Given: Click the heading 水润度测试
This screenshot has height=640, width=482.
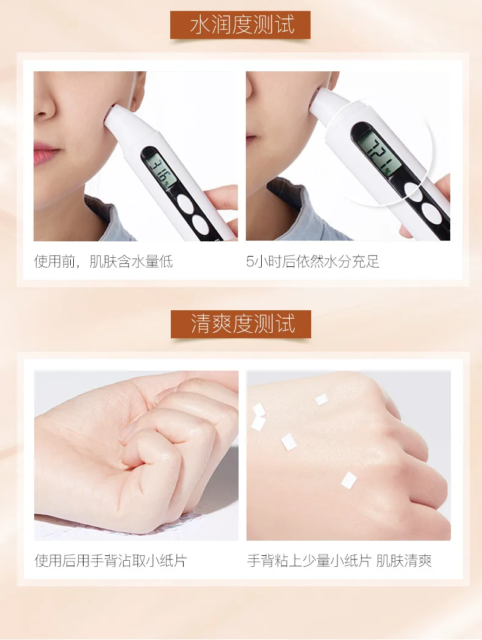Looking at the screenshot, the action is (x=242, y=25).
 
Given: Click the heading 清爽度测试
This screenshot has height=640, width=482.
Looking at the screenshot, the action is (x=242, y=324).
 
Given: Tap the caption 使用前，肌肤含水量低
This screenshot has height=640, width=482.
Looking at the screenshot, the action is (x=103, y=261).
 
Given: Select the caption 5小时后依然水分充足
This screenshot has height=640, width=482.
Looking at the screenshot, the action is (x=312, y=261).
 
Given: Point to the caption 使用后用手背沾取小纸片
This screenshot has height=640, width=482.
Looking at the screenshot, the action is (x=110, y=560).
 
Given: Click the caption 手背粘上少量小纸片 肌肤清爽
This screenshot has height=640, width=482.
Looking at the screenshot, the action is (x=339, y=560).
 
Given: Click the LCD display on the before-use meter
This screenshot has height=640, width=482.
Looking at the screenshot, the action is (x=161, y=170).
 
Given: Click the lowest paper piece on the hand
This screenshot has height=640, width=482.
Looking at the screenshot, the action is (x=349, y=480).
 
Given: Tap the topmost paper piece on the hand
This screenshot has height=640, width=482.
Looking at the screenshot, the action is (x=321, y=400).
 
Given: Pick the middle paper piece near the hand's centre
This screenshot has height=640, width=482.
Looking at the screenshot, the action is (x=289, y=442).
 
